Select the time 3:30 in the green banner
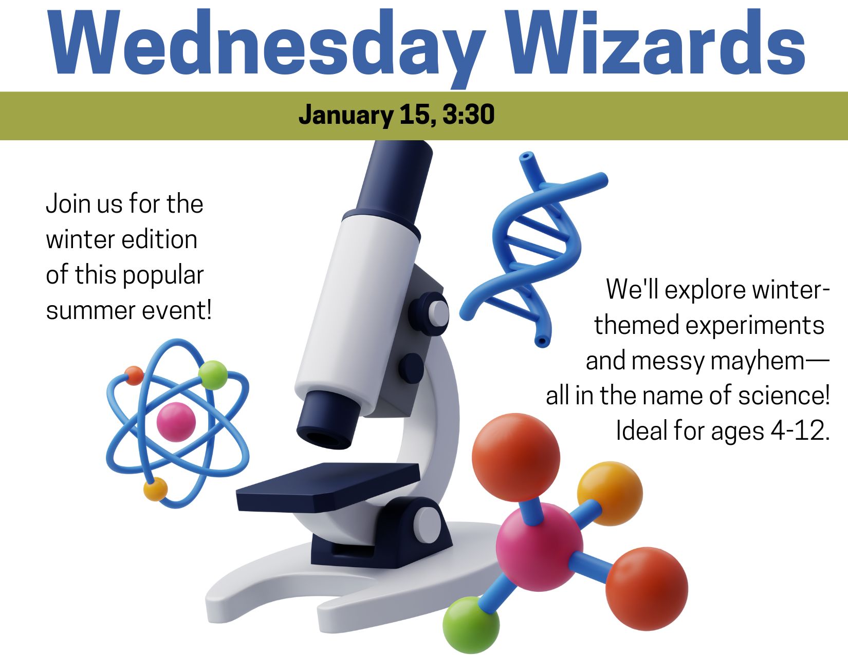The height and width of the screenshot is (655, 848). click(x=468, y=114)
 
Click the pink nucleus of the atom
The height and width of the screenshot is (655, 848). click(x=176, y=422)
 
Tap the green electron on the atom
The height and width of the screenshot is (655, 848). click(x=213, y=375)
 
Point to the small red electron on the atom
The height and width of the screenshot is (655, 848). click(x=134, y=376)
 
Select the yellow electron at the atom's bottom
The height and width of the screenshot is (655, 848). click(x=155, y=489)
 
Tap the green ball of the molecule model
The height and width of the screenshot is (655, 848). click(x=471, y=625)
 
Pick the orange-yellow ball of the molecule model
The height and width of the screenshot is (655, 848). click(x=610, y=494)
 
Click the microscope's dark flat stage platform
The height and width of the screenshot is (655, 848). click(x=328, y=486)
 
